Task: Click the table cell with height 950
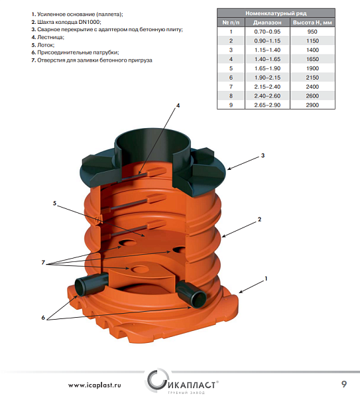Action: (312, 32)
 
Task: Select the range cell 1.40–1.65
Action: (267, 59)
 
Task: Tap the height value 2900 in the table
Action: (312, 105)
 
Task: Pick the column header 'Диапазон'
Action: (267, 23)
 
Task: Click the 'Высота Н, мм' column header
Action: (312, 23)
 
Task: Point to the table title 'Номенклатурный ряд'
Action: (276, 13)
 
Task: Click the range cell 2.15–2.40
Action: (267, 87)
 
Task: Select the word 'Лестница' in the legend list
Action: (50, 37)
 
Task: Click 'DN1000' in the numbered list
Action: (91, 22)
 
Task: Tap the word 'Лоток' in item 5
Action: (45, 45)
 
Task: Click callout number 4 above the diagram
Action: (178, 105)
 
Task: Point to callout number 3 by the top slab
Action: (263, 155)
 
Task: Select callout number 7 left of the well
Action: (43, 263)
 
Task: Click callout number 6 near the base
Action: (43, 318)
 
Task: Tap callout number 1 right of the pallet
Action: (266, 279)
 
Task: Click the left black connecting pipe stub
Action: (91, 285)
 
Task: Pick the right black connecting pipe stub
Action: (191, 294)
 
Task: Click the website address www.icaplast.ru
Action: (94, 385)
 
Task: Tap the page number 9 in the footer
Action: (344, 384)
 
